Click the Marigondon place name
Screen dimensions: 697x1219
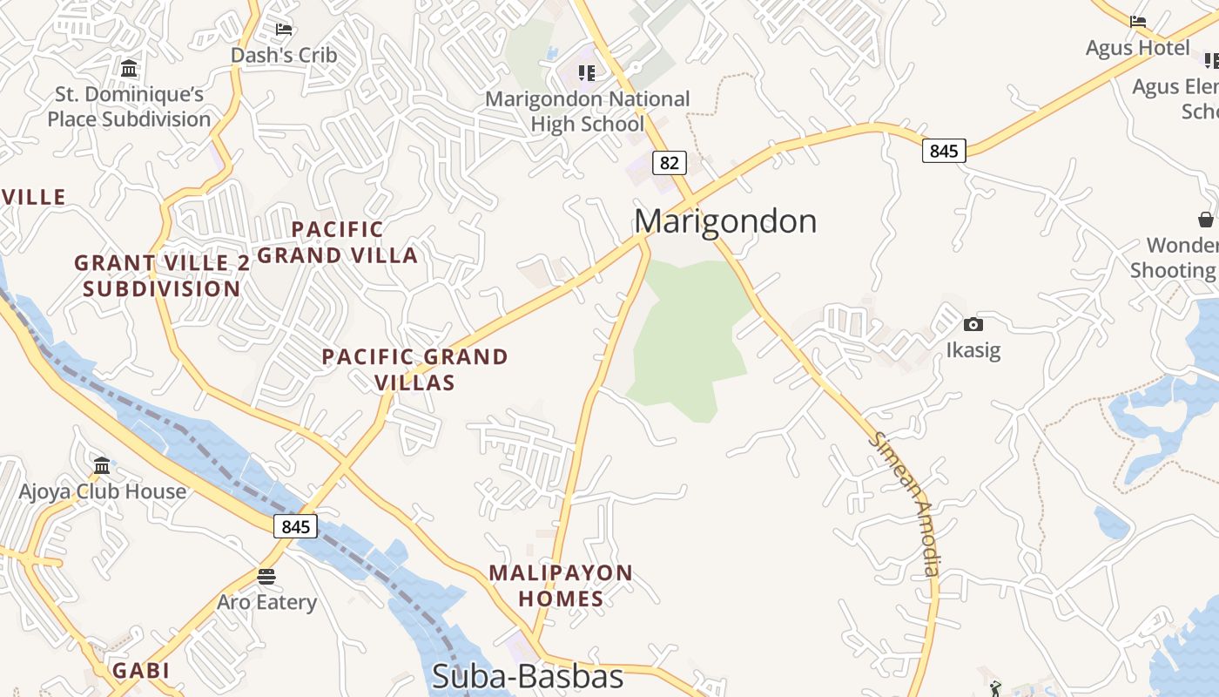click(x=725, y=221)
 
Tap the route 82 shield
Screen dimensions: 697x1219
click(x=669, y=163)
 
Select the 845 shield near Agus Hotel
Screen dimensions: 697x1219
click(x=943, y=151)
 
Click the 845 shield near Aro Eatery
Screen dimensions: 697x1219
click(x=296, y=526)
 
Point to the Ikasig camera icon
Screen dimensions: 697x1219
click(x=973, y=325)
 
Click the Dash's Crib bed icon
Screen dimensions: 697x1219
click(x=284, y=29)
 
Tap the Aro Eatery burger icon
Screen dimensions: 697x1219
click(x=266, y=576)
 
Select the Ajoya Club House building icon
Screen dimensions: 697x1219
click(x=102, y=465)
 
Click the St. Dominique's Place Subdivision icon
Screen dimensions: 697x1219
click(x=129, y=68)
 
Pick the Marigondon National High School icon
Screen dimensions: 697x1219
click(x=587, y=73)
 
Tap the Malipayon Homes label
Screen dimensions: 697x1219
click(x=560, y=585)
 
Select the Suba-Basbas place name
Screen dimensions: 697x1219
click(x=528, y=677)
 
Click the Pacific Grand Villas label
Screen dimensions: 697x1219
click(x=414, y=369)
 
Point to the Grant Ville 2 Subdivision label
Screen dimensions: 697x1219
click(x=162, y=275)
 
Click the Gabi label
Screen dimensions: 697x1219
click(x=140, y=671)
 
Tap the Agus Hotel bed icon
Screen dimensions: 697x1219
click(x=1137, y=21)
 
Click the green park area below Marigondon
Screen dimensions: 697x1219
click(x=688, y=340)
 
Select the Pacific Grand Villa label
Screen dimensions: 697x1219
click(x=338, y=242)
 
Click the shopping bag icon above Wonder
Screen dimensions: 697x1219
click(x=1205, y=219)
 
